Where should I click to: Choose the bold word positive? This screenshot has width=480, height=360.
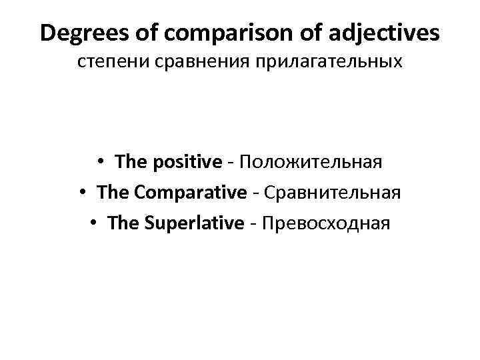click(x=190, y=162)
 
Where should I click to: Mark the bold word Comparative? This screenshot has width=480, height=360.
click(x=190, y=193)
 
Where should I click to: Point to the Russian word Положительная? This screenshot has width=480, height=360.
click(x=311, y=162)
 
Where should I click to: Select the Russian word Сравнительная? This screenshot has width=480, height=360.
click(x=333, y=193)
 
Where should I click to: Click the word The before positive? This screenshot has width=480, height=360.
click(x=130, y=161)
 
